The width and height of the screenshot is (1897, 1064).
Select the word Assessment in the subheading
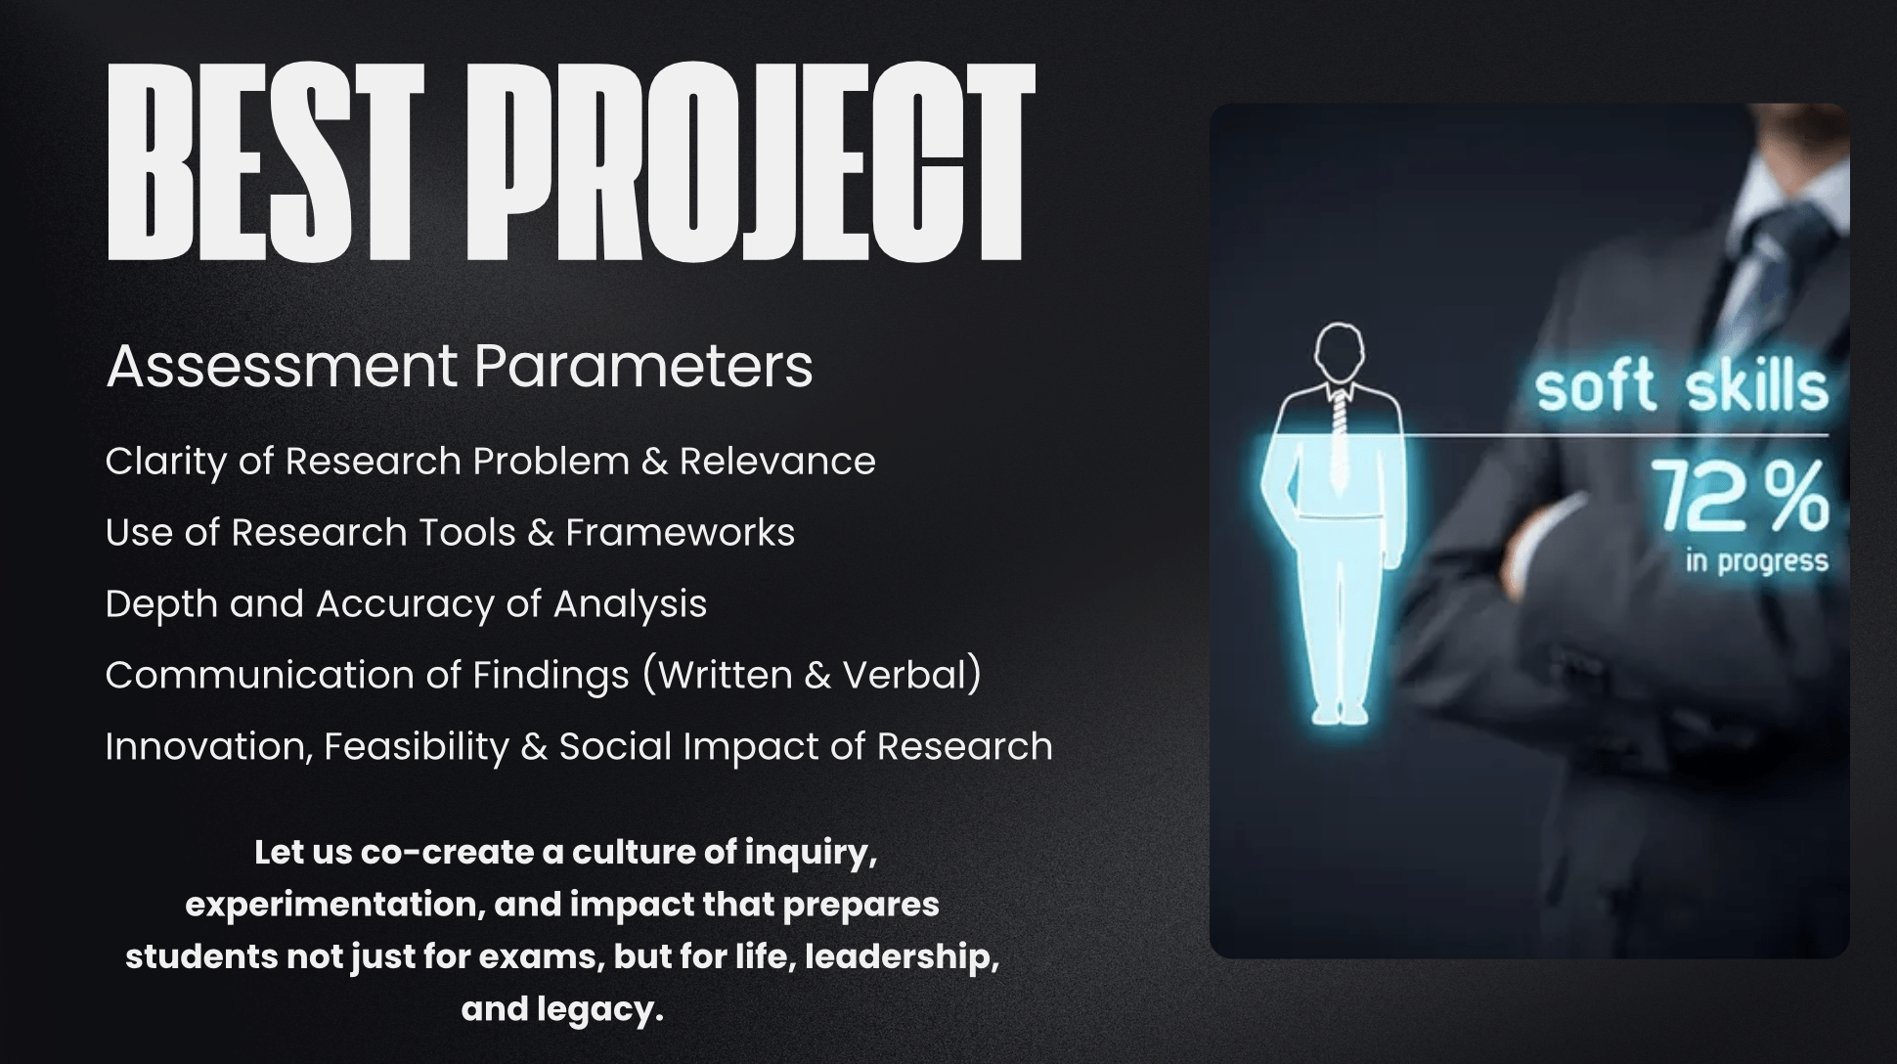point(282,367)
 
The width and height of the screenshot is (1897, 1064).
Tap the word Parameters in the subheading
point(643,367)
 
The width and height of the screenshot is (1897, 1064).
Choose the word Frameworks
point(680,533)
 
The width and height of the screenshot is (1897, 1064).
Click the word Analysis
point(630,604)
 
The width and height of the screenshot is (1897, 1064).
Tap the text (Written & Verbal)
point(812,676)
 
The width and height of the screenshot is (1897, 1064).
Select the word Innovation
point(209,747)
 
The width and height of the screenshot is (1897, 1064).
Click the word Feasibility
point(417,747)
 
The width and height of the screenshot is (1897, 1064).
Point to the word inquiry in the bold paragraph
point(811,853)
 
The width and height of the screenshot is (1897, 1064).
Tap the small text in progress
point(1756,561)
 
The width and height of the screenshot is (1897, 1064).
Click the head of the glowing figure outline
point(1340,354)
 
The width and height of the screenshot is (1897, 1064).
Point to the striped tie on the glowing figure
point(1339,439)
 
